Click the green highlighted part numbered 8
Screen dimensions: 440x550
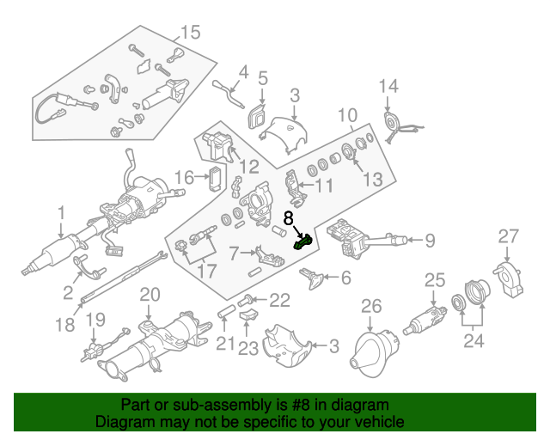(x=302, y=242)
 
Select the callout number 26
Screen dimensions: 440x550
(x=370, y=306)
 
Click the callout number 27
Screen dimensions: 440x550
(x=510, y=236)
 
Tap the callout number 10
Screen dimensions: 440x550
(x=346, y=115)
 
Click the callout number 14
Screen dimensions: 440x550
(x=389, y=86)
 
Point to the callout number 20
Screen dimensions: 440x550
(x=150, y=295)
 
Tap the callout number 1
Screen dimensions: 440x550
(x=61, y=211)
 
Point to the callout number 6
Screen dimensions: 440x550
(x=346, y=278)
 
